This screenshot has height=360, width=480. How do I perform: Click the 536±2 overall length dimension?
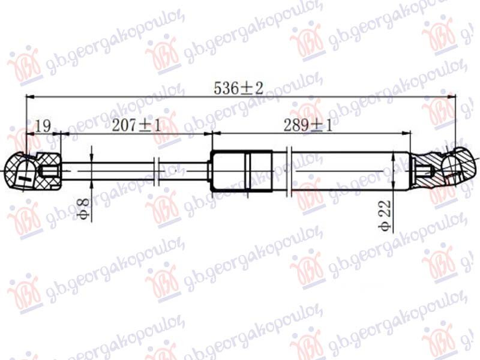pyautogui.click(x=238, y=88)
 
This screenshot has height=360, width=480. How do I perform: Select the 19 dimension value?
pyautogui.click(x=43, y=126)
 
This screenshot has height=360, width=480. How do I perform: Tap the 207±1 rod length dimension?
pyautogui.click(x=136, y=125)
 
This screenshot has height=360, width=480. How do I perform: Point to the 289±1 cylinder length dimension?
pyautogui.click(x=308, y=125)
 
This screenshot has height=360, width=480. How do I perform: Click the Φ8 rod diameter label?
pyautogui.click(x=83, y=209)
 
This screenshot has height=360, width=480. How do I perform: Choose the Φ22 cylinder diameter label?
pyautogui.click(x=385, y=215)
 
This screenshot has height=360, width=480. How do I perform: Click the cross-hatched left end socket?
pyautogui.click(x=33, y=172)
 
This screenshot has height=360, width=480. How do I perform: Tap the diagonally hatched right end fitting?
pyautogui.click(x=444, y=170)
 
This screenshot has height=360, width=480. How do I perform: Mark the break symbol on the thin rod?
pyautogui.click(x=156, y=172)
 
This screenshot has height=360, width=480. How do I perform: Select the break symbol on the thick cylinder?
pyautogui.click(x=289, y=172)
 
